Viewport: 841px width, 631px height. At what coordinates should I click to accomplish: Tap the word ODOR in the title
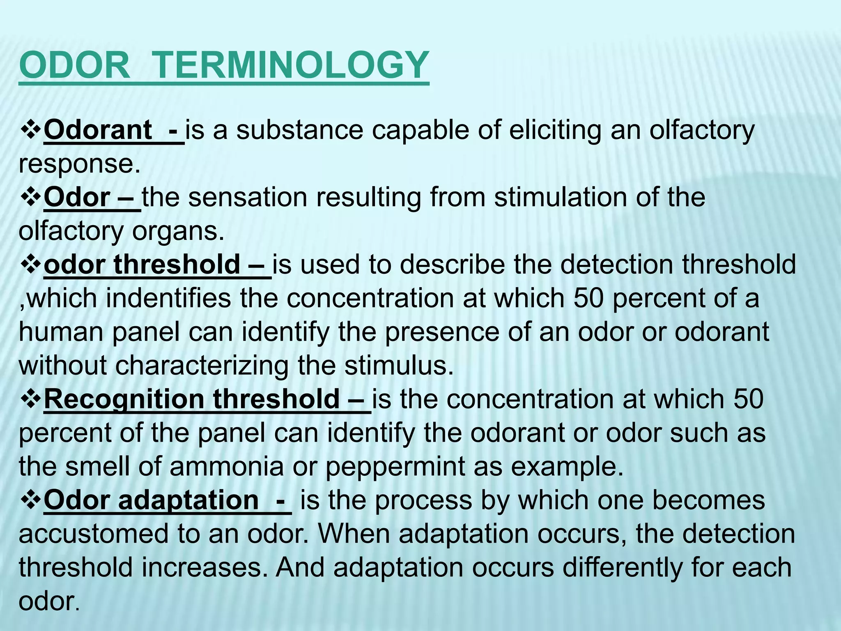(x=74, y=65)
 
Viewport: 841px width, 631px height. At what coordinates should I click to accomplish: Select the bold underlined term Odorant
(x=98, y=130)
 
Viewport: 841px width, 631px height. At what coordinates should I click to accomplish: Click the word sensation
(x=248, y=198)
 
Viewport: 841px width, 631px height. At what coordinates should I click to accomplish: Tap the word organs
(x=179, y=231)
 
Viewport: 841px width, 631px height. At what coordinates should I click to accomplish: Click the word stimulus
(x=399, y=366)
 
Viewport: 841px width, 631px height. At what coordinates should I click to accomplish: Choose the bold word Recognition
(x=124, y=400)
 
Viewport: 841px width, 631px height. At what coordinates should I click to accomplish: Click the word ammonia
(x=226, y=467)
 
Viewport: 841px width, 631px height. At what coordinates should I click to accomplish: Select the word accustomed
(x=94, y=534)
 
